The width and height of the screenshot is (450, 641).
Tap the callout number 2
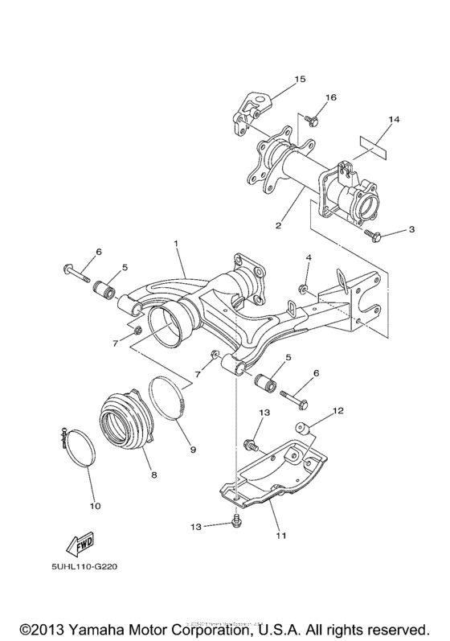pos(278,226)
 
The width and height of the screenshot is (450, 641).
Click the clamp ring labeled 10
pos(79,448)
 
